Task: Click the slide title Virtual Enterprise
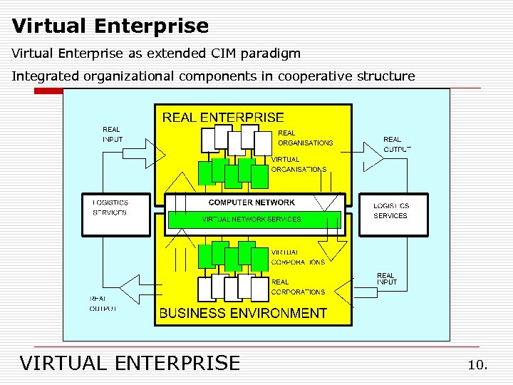(x=110, y=26)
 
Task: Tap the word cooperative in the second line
(x=305, y=76)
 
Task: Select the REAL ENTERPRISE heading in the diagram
(x=223, y=118)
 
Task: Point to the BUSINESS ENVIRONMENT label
(x=243, y=313)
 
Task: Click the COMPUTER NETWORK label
(x=252, y=202)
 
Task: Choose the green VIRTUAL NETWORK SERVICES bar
(x=254, y=220)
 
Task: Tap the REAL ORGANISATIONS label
(x=305, y=138)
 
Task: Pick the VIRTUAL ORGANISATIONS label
(x=299, y=165)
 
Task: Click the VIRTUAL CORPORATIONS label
(x=298, y=257)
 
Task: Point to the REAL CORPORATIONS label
(x=298, y=287)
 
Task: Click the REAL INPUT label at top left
(x=113, y=134)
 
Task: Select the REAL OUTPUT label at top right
(x=396, y=144)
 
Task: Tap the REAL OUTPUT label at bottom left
(x=103, y=304)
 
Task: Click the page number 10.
(x=477, y=365)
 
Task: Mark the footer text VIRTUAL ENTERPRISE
(x=130, y=363)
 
